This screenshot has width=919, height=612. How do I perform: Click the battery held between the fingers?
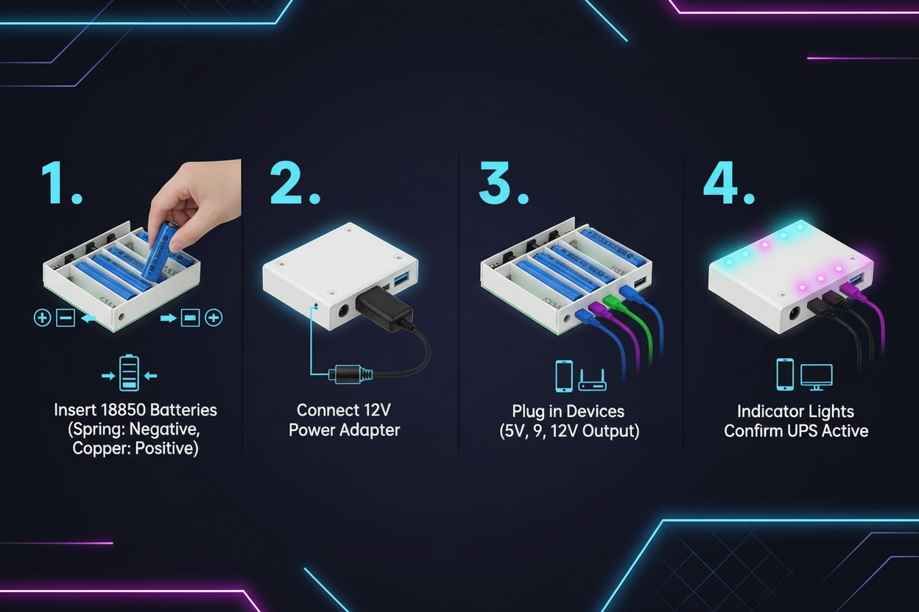point(162,250)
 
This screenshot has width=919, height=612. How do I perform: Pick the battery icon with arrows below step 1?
point(130,374)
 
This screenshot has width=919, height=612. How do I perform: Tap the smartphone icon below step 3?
point(563,376)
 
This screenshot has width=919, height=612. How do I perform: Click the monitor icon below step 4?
point(816,376)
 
